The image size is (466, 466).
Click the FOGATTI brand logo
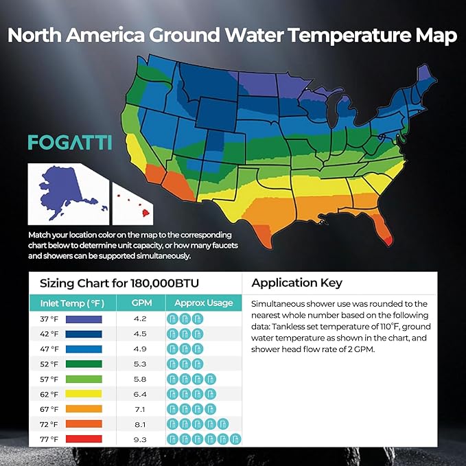[x=70, y=142]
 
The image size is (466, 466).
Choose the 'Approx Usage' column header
[x=203, y=303]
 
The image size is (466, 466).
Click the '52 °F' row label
[x=49, y=364]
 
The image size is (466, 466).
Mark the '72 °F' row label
[x=49, y=424]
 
